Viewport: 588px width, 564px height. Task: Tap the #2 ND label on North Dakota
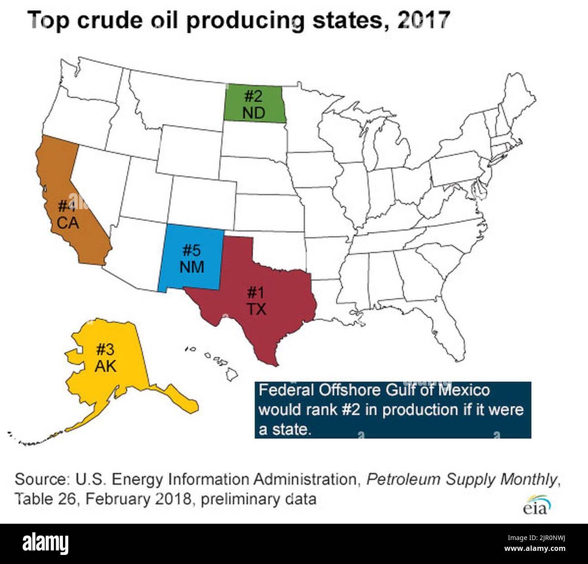point(254,105)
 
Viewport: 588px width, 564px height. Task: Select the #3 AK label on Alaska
point(105,358)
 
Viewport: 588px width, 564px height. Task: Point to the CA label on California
point(67,223)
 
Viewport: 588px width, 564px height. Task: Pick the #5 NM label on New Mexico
point(192,258)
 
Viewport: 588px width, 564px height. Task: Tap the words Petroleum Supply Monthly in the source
point(461,479)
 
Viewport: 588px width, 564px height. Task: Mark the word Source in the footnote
point(40,479)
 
